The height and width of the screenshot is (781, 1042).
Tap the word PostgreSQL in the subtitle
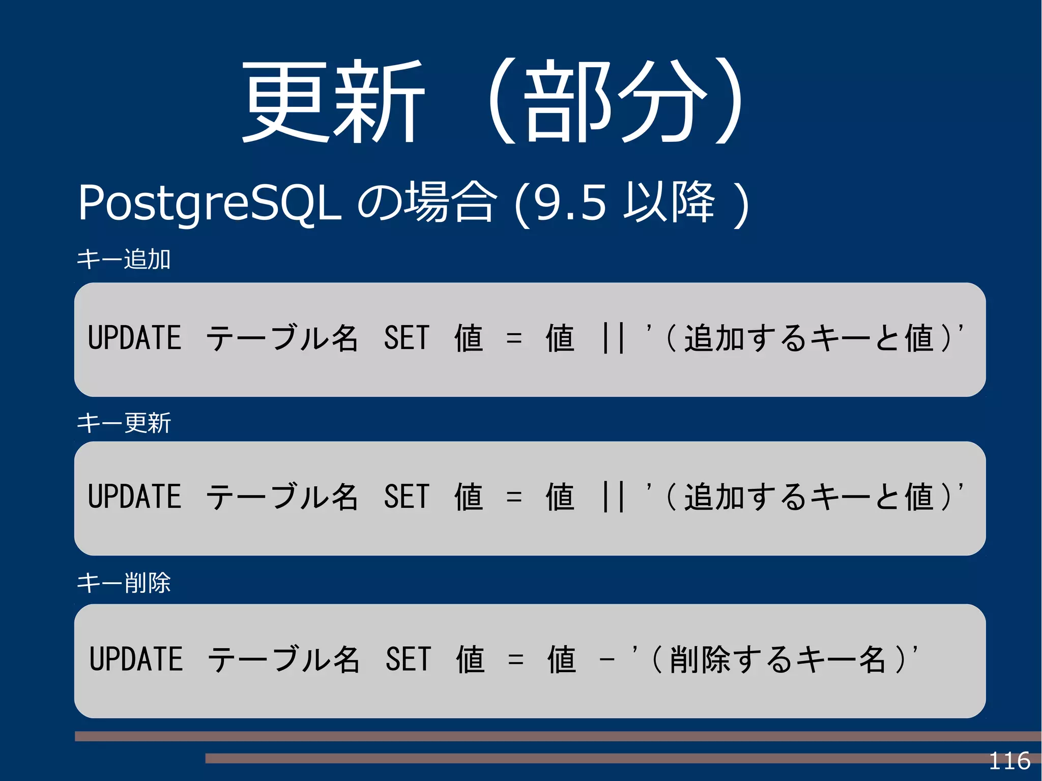click(209, 204)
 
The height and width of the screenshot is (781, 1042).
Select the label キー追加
click(124, 259)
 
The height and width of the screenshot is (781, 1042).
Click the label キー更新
click(124, 423)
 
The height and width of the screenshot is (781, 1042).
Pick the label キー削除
click(124, 583)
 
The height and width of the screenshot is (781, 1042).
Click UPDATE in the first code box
click(135, 338)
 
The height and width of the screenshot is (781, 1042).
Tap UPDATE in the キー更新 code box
click(135, 497)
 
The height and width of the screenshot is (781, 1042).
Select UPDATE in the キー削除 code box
click(136, 659)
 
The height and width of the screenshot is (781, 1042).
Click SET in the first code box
click(407, 338)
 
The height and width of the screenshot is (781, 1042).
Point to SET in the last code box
click(408, 659)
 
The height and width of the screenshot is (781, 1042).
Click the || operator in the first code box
click(613, 338)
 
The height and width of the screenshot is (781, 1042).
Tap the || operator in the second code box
click(613, 497)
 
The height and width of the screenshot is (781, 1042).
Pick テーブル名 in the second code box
click(282, 497)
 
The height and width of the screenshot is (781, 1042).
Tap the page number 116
click(1009, 761)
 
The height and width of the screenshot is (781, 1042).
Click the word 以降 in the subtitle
click(670, 203)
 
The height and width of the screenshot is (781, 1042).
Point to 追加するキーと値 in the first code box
click(809, 338)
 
